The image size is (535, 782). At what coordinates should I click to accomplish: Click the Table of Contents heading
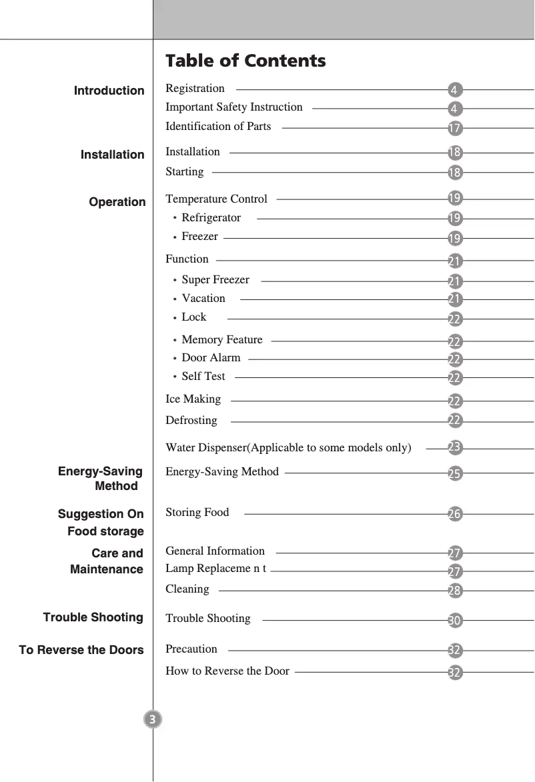click(245, 61)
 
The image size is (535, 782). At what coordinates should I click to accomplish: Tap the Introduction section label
click(109, 91)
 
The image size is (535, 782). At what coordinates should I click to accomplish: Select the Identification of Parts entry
click(218, 126)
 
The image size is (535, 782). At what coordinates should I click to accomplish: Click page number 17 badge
click(454, 127)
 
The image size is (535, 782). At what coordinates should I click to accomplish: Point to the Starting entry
click(185, 171)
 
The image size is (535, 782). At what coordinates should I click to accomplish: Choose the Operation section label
click(117, 202)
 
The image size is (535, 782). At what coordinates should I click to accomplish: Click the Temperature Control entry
click(216, 199)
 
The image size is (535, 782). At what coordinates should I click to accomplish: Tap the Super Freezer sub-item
click(215, 279)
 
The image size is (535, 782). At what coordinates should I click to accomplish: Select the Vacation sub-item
click(203, 298)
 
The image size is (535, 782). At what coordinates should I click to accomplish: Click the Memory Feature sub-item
click(221, 339)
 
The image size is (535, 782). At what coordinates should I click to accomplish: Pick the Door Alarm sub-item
click(211, 357)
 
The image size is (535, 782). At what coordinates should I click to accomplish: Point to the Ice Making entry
click(193, 399)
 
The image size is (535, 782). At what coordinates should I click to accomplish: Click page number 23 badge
click(455, 446)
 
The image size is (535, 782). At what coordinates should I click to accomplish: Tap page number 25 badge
click(454, 474)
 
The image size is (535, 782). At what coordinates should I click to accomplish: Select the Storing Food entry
click(197, 512)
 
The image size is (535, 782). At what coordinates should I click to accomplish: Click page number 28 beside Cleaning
click(455, 591)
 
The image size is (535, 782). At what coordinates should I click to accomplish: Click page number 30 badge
click(454, 621)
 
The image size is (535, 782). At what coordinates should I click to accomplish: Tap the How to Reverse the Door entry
click(227, 671)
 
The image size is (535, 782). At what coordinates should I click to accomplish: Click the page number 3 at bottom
click(153, 719)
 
